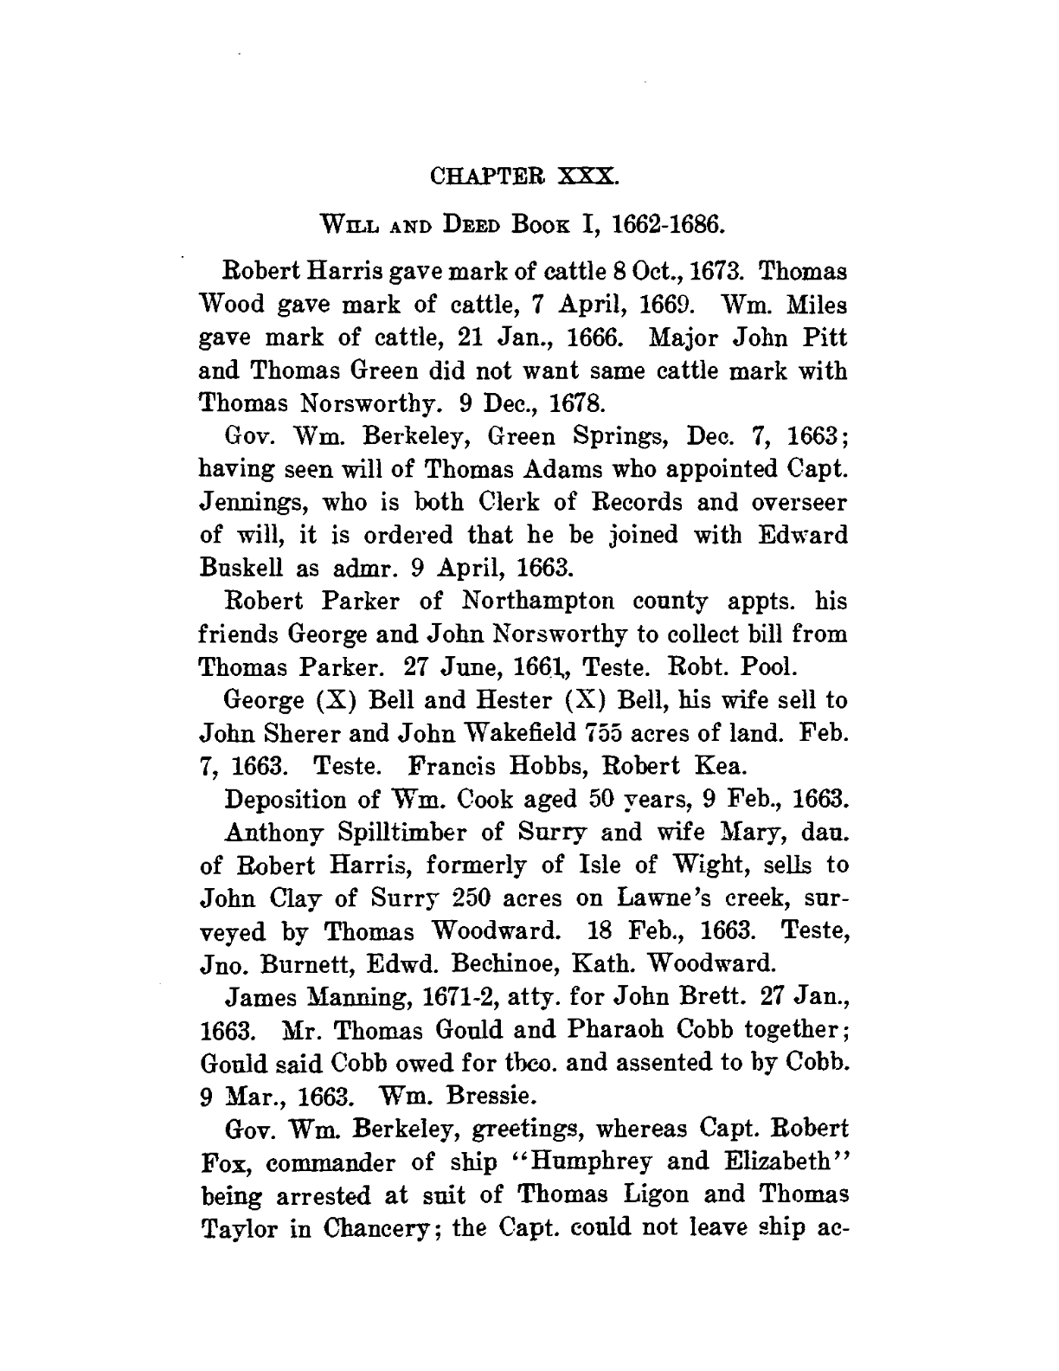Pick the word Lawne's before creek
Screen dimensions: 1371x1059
coord(639,898)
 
